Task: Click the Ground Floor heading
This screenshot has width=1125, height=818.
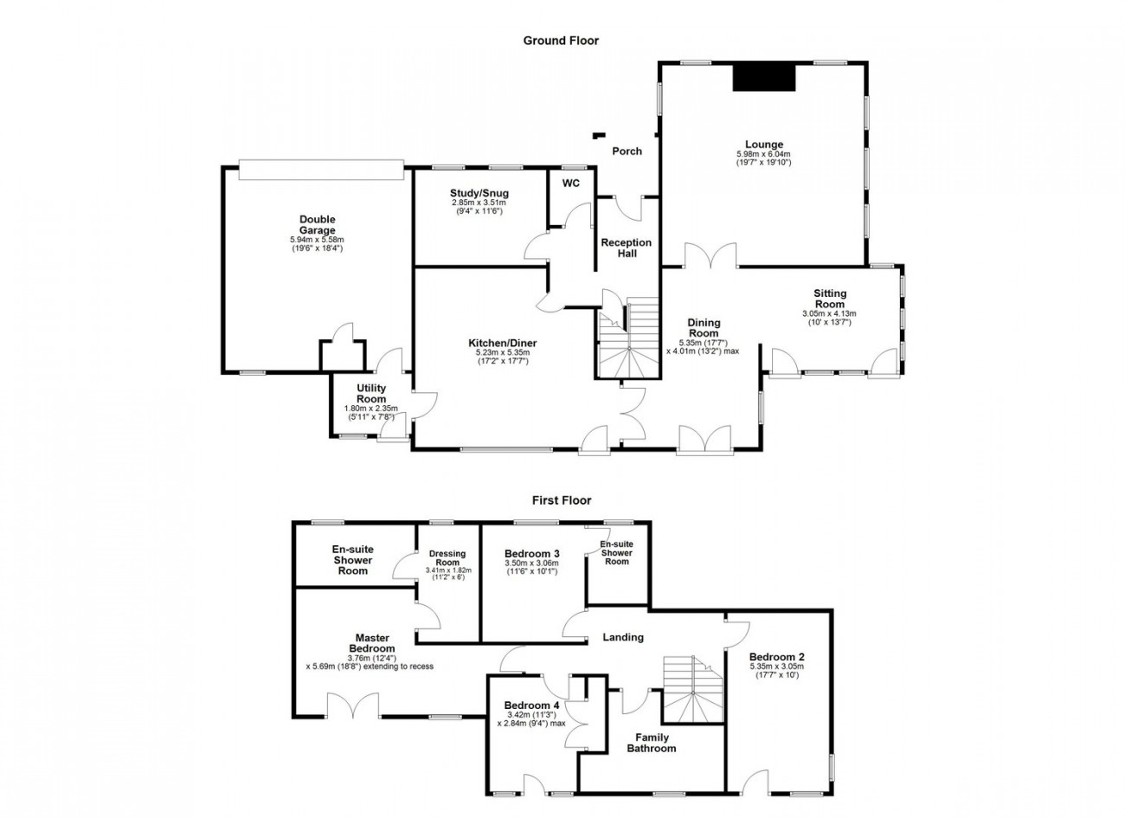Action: [x=561, y=40]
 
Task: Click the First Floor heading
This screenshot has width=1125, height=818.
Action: [x=561, y=500]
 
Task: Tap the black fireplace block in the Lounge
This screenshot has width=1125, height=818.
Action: [x=764, y=77]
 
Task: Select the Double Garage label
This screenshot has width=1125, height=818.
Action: [x=318, y=225]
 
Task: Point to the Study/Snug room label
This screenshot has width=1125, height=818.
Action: [x=479, y=193]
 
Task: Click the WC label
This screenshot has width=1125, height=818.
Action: [x=571, y=184]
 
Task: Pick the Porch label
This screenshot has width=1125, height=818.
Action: [x=627, y=151]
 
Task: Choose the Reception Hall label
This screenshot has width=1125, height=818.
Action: [x=627, y=248]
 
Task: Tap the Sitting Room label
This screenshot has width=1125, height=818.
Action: [x=829, y=299]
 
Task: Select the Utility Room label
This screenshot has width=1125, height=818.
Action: [x=371, y=394]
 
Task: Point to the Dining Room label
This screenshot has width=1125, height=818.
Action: [x=704, y=328]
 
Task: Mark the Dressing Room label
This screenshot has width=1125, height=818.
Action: [x=447, y=558]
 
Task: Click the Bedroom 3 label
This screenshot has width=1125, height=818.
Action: [x=532, y=554]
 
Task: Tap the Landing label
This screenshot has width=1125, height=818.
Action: [x=623, y=638]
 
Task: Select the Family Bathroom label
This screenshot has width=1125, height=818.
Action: [x=651, y=743]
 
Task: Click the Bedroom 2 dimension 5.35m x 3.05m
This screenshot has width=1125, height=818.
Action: [x=776, y=667]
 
